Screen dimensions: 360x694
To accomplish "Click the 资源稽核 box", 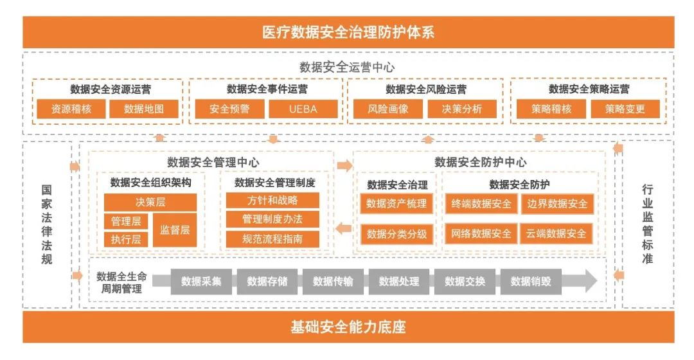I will click(71, 109).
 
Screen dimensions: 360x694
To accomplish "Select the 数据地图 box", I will click(144, 109).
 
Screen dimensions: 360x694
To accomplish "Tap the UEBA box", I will click(302, 109).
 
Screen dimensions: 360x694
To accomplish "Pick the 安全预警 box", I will click(229, 109).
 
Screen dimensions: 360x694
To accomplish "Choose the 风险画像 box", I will click(388, 109).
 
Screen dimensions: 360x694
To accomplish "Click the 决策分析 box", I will click(461, 109).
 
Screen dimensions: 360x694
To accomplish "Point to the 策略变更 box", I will click(624, 109).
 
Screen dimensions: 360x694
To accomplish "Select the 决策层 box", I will click(150, 202).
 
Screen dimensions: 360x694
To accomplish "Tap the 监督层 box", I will click(175, 230).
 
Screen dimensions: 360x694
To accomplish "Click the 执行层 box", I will click(126, 240).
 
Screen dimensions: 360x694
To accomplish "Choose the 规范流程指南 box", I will click(272, 239).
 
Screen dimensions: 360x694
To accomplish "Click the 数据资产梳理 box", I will click(396, 204).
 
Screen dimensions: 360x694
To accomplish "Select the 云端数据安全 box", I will click(556, 233).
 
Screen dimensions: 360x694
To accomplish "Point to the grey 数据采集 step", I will click(201, 282).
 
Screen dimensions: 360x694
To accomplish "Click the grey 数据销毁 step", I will click(531, 282).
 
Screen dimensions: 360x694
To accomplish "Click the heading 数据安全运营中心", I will click(347, 67).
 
